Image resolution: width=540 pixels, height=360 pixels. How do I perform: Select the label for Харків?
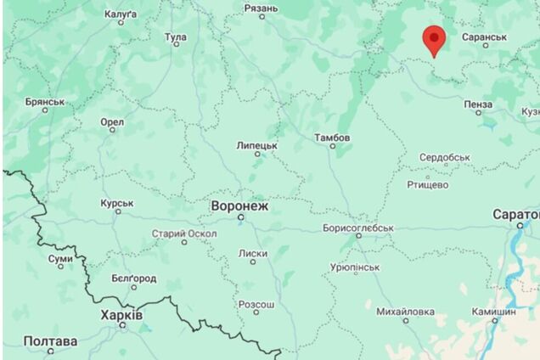coord(122,315)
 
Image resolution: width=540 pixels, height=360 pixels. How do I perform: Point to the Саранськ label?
coord(484,37)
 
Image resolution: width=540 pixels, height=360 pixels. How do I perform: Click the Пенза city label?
coord(478,104)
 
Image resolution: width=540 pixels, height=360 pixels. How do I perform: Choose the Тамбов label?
coord(331,138)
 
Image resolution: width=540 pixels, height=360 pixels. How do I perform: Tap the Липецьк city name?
coord(257,145)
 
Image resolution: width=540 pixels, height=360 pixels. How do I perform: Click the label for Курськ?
coord(117,203)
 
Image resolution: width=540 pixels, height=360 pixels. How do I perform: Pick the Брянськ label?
coord(45,102)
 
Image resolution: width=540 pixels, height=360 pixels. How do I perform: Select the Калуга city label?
coord(121,14)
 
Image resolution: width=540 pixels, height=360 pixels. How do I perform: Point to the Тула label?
coord(176,37)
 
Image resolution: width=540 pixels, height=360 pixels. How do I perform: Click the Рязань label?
coord(261,8)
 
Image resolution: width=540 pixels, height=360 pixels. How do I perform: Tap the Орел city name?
coord(112,122)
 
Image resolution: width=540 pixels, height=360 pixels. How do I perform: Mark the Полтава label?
coord(50,341)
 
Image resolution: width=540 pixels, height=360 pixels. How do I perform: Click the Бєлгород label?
coord(134,278)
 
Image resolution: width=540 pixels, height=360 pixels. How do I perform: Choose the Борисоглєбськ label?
coord(358,228)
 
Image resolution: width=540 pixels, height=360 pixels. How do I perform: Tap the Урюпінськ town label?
coord(354,267)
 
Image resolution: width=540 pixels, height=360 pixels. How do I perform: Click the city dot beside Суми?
coord(60,265)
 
